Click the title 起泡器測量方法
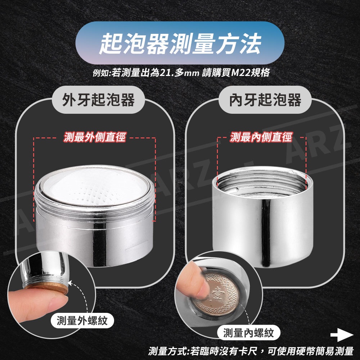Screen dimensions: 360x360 click(x=180, y=43)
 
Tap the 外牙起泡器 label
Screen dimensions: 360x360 click(x=98, y=100)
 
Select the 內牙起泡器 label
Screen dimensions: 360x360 click(x=265, y=100)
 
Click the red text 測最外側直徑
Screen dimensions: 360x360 click(x=95, y=137)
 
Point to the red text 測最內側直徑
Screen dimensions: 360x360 click(x=261, y=137)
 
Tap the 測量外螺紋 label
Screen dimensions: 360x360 click(x=82, y=320)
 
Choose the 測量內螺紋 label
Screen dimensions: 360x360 click(x=249, y=333)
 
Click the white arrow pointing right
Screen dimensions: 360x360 click(x=342, y=335)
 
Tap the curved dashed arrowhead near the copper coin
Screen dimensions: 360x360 click(x=71, y=283)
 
